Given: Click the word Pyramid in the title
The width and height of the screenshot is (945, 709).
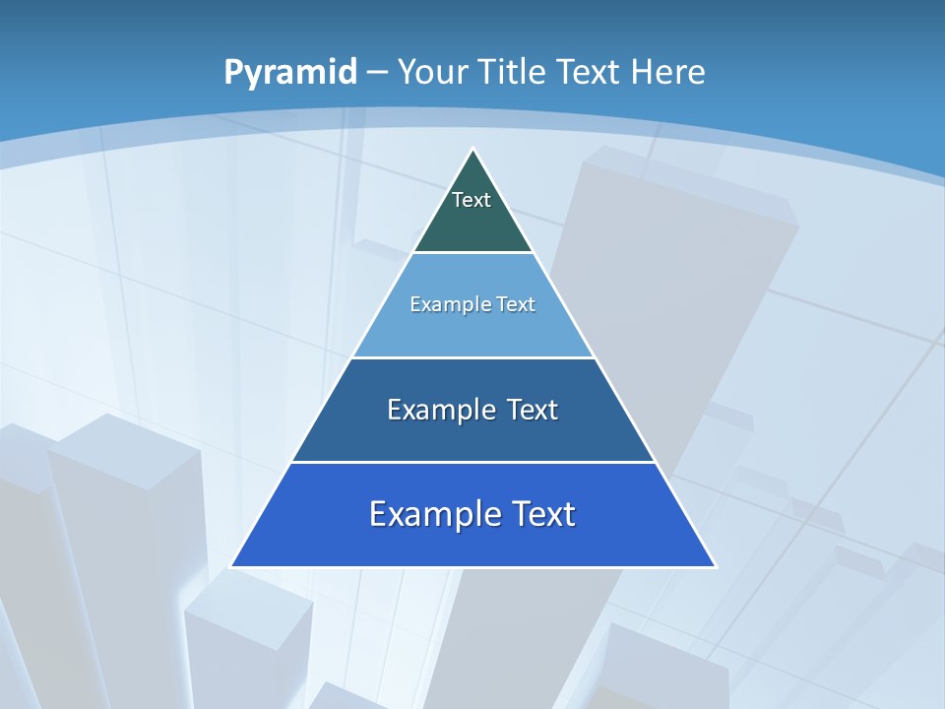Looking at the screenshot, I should [x=289, y=73].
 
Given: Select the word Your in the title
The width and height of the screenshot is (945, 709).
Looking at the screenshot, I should [x=434, y=72].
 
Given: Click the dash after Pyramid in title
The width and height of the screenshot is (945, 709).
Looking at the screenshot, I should [x=377, y=72].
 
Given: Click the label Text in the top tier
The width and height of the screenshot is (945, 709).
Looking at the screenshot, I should [x=472, y=200].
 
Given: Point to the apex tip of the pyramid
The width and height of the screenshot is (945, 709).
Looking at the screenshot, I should [x=473, y=151].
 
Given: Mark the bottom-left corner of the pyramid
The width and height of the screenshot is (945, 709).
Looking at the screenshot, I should [x=232, y=565].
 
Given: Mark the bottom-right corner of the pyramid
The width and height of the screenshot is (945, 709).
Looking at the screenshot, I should [x=715, y=565].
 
